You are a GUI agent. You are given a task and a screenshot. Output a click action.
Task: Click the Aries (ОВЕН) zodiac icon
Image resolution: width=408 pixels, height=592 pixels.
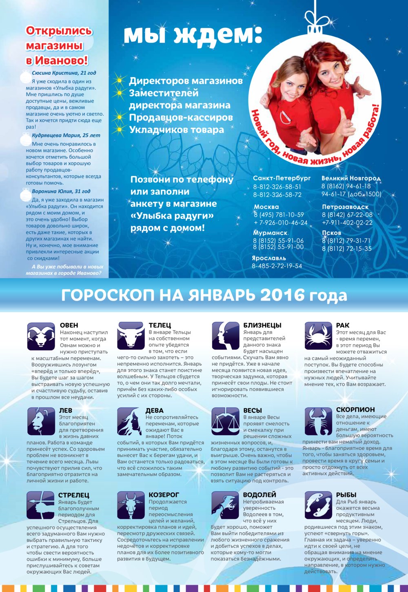[x=41, y=336]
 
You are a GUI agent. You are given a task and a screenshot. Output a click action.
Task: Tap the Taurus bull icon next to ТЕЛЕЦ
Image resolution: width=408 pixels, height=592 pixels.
[x=131, y=336]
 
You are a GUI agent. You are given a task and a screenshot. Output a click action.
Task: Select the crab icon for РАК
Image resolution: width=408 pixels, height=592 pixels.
[x=318, y=336]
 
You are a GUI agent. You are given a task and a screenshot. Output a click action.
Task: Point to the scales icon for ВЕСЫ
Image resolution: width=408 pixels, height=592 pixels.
[x=225, y=421]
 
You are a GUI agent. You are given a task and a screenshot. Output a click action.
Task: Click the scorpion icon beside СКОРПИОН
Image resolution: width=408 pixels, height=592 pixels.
[x=318, y=421]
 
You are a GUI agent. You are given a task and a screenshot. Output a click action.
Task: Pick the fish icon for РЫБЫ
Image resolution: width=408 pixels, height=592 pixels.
[x=318, y=505]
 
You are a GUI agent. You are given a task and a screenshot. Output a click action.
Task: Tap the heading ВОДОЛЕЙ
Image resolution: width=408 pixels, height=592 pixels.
[x=259, y=495]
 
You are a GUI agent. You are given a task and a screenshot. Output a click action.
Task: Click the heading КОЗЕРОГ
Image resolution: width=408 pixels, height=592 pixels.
[x=164, y=495]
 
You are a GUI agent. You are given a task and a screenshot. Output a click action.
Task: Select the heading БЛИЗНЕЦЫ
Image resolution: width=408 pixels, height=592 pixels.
[x=262, y=325]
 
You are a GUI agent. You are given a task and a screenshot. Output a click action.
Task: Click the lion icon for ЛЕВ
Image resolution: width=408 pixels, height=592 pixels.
[x=41, y=421]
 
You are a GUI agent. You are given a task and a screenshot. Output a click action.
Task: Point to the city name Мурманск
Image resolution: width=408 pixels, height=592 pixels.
[x=270, y=233]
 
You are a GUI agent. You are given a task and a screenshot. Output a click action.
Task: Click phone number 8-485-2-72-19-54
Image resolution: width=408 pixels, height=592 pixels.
[x=277, y=266]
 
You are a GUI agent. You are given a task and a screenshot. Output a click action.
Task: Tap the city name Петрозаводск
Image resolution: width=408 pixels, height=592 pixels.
[x=345, y=207]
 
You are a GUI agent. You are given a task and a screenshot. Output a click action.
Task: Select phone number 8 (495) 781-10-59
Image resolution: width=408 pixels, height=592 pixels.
[x=279, y=215]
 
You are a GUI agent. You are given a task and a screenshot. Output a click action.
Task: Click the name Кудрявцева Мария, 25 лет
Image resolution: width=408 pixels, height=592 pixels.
[x=66, y=135]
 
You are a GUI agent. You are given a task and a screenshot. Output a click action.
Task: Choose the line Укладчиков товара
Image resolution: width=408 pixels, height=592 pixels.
[x=177, y=130]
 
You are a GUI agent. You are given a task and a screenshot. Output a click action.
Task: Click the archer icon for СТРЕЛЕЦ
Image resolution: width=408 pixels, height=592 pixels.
[x=41, y=505]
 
